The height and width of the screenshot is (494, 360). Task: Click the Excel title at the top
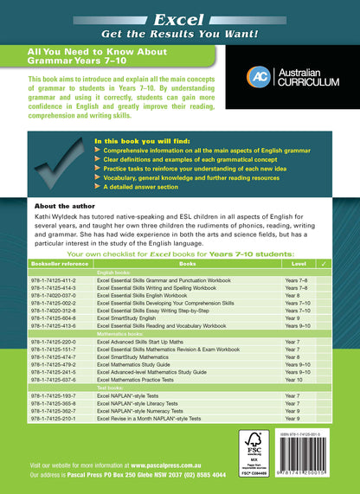tap(179, 18)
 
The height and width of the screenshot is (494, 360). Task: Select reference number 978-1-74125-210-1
tap(54, 418)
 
